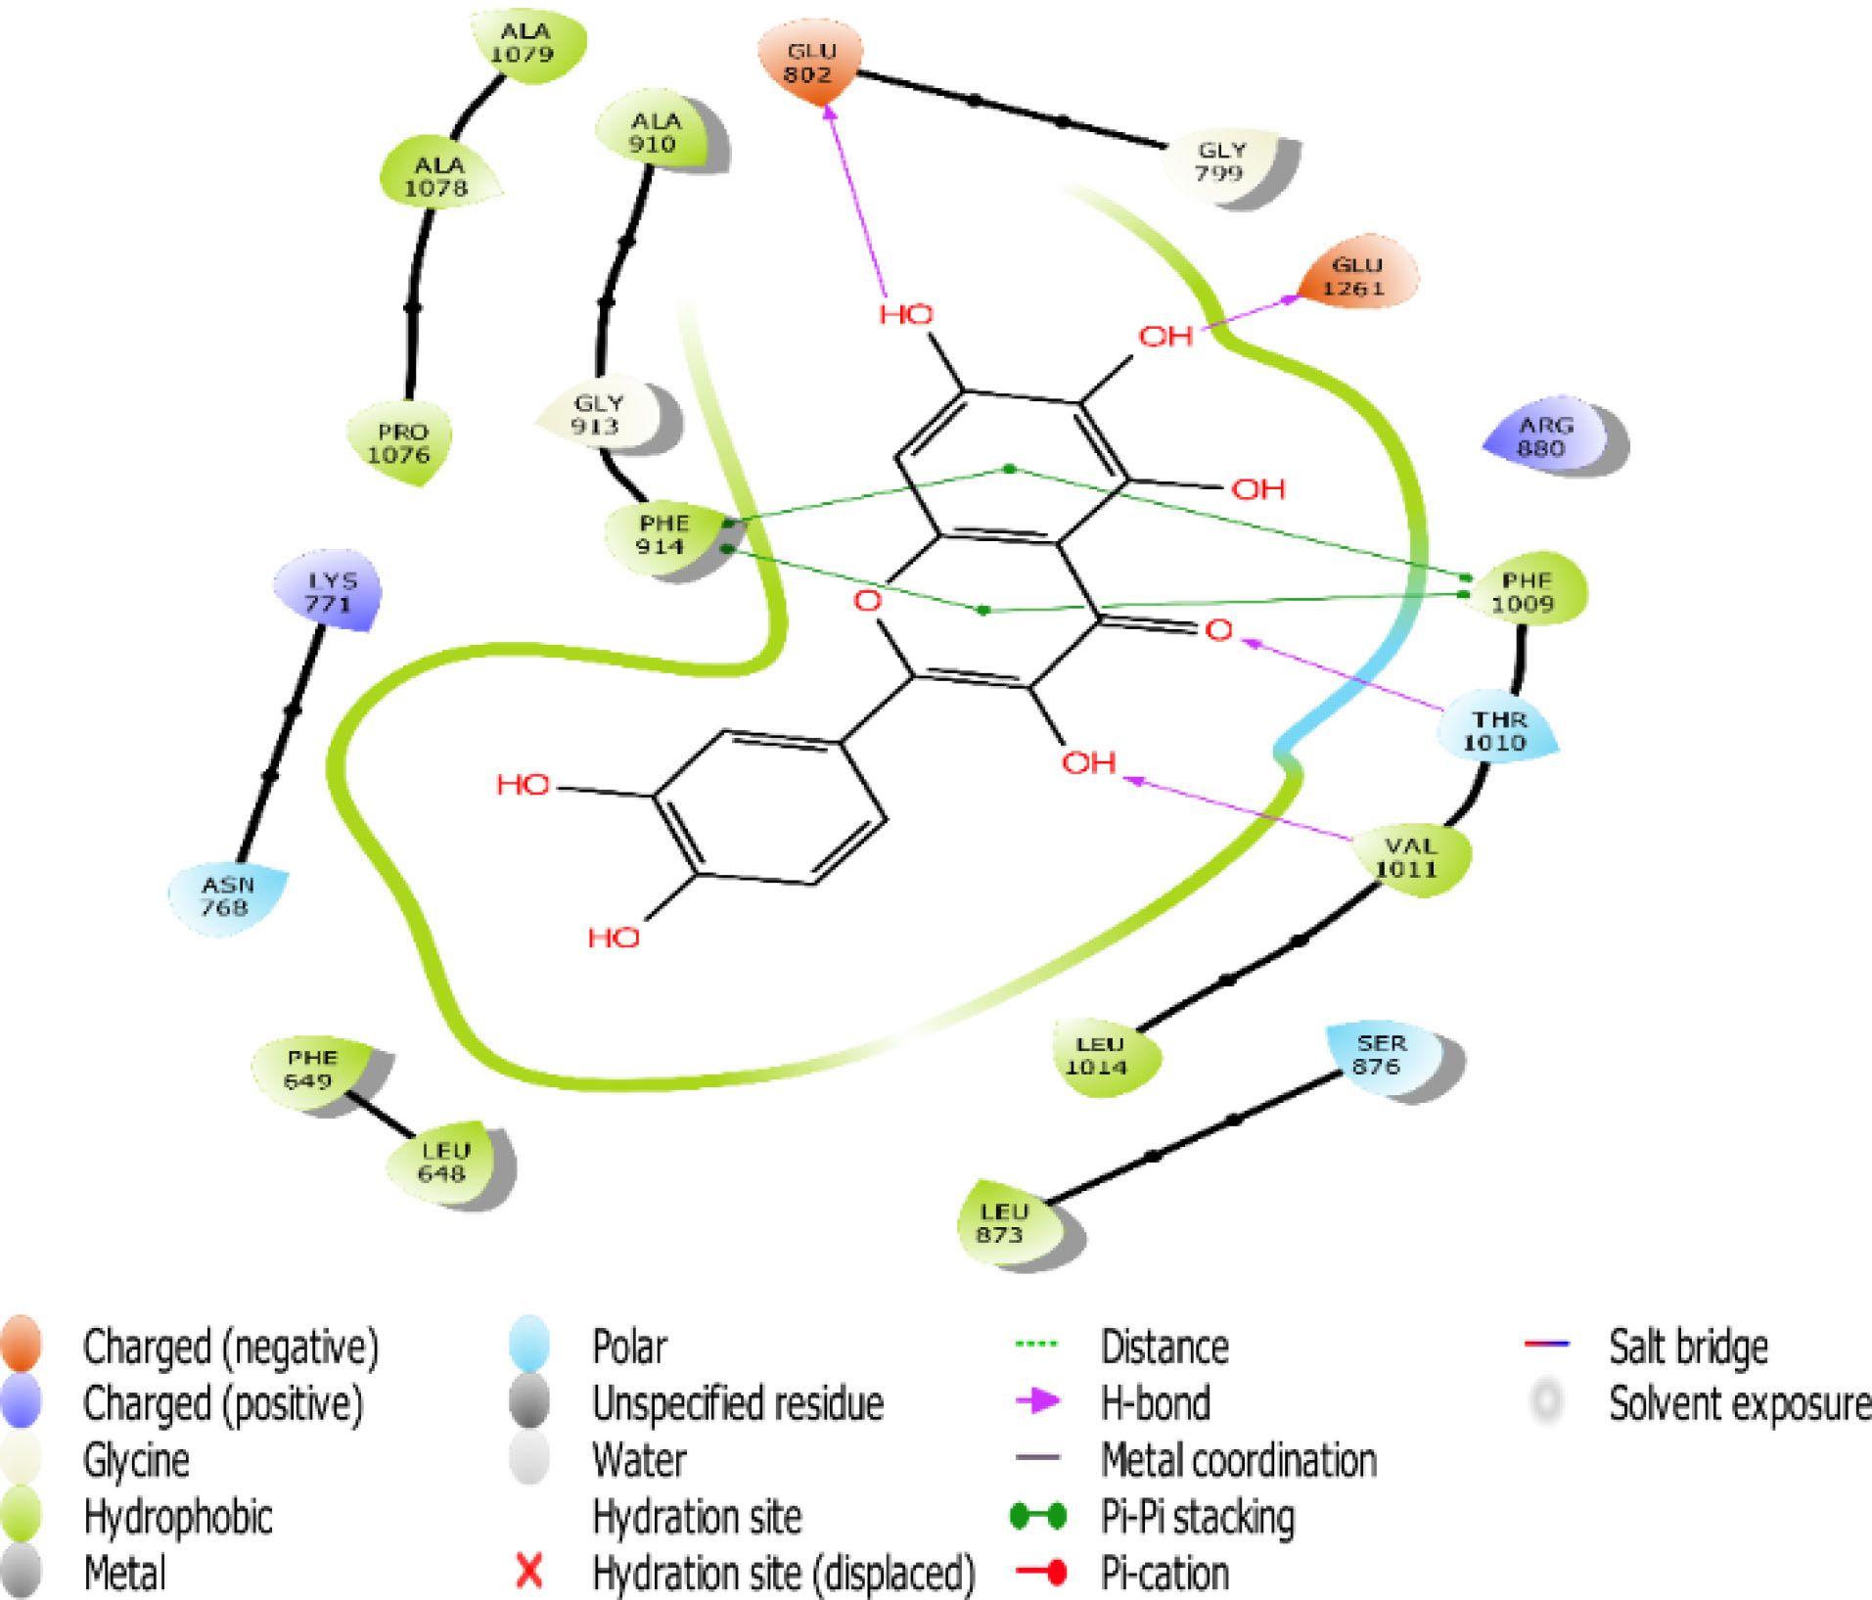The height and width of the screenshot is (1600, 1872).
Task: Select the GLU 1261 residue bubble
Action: pyautogui.click(x=1355, y=275)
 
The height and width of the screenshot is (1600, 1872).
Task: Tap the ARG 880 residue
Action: pyautogui.click(x=1546, y=437)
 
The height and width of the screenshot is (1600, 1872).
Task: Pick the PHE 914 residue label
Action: pyautogui.click(x=663, y=535)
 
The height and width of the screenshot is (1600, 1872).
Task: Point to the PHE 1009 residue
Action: pyautogui.click(x=1524, y=591)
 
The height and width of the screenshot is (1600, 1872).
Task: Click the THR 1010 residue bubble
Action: pyautogui.click(x=1495, y=731)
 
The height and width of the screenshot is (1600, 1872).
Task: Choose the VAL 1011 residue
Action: pyautogui.click(x=1408, y=857)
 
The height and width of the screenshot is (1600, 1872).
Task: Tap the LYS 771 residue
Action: pyautogui.click(x=329, y=592)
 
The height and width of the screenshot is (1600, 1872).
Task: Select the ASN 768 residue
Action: pyautogui.click(x=228, y=896)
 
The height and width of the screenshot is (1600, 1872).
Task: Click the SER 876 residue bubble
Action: pyautogui.click(x=1379, y=1055)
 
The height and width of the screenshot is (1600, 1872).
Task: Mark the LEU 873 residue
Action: pyautogui.click(x=1002, y=1223)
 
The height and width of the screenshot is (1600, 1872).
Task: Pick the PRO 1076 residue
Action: pyautogui.click(x=399, y=443)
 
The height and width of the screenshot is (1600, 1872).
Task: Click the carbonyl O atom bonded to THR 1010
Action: pyautogui.click(x=1218, y=629)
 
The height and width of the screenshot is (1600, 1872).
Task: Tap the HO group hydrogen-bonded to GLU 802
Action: pyautogui.click(x=905, y=314)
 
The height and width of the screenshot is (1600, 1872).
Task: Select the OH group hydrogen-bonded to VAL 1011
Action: pyautogui.click(x=1088, y=761)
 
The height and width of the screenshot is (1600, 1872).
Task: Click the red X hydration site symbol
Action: pyautogui.click(x=528, y=1572)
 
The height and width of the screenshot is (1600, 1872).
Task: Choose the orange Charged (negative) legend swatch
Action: pyautogui.click(x=22, y=1345)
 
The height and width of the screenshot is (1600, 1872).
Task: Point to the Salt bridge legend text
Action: pyautogui.click(x=1688, y=1347)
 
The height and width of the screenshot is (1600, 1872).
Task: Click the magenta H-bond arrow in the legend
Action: pyautogui.click(x=1037, y=1401)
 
